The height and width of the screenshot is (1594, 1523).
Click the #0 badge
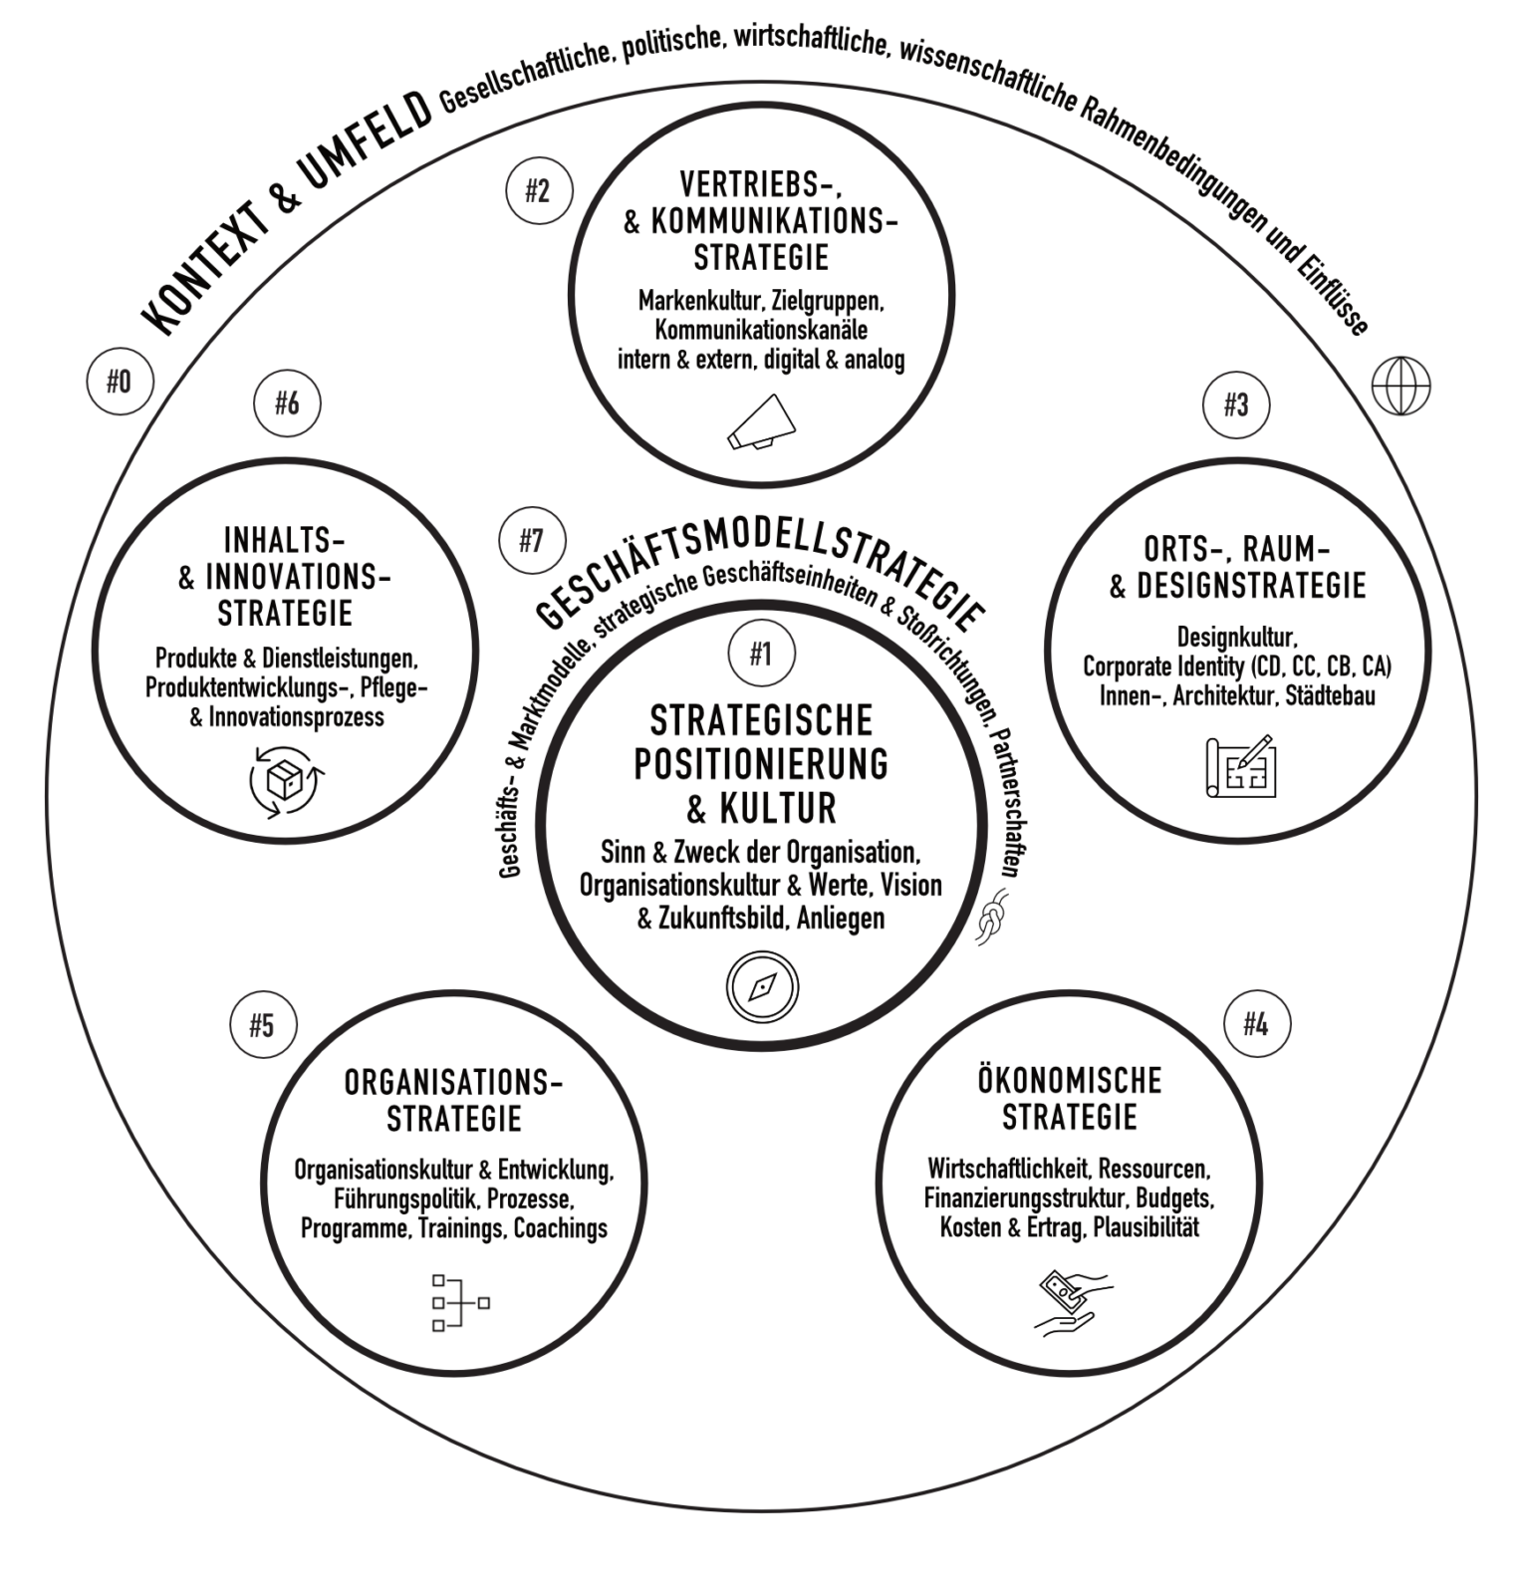(x=120, y=382)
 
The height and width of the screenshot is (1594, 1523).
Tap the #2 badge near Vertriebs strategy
(x=538, y=190)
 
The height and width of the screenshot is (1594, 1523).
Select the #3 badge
(x=1236, y=404)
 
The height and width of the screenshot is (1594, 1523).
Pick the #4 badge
(x=1256, y=1024)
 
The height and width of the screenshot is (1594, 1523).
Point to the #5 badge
(x=262, y=1025)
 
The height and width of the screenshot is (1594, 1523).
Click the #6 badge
(x=287, y=403)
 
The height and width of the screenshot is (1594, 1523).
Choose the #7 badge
(x=532, y=541)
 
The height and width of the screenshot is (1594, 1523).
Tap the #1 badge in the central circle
(x=761, y=654)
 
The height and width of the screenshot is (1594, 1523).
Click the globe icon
(x=1400, y=386)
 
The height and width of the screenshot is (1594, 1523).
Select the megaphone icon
(x=762, y=422)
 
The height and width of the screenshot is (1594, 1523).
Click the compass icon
(x=762, y=987)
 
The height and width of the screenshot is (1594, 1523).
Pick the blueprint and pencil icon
(x=1240, y=766)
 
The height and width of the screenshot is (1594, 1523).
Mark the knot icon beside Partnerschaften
(x=993, y=918)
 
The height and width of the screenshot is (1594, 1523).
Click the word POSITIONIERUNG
(x=761, y=764)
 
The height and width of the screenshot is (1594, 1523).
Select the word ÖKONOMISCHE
(x=1069, y=1080)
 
